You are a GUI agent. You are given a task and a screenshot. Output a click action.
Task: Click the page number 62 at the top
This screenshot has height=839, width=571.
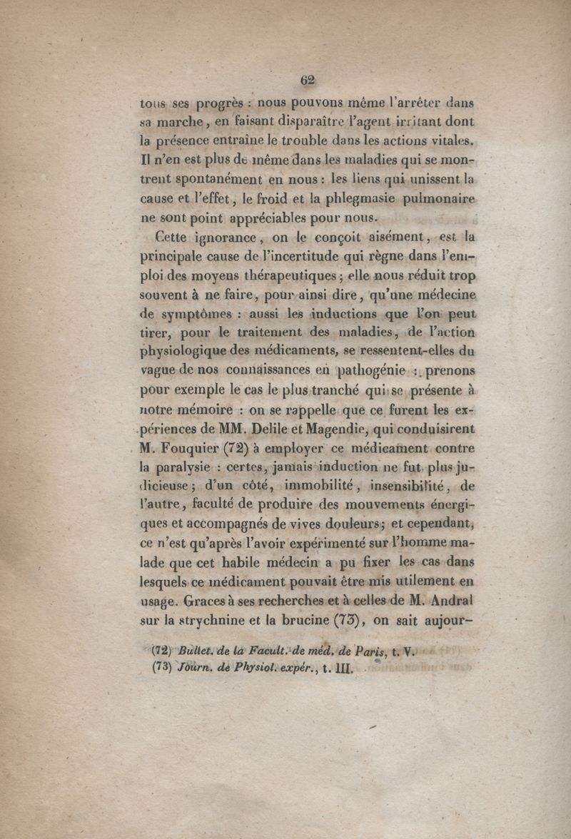click(x=308, y=80)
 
